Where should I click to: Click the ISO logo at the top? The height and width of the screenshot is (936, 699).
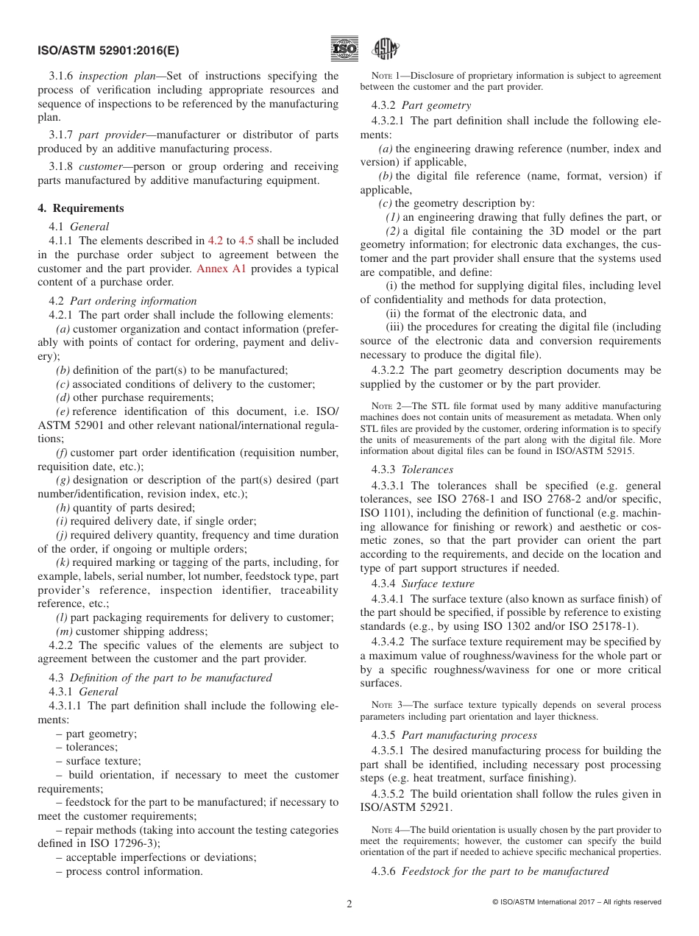(344, 49)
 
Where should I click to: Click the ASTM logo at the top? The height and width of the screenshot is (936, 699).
(385, 49)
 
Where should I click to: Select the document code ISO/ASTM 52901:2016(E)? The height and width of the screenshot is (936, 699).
(108, 51)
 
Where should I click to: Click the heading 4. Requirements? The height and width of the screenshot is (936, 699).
(81, 208)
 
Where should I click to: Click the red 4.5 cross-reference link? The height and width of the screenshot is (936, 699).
(246, 241)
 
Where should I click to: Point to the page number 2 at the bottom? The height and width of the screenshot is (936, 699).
(349, 904)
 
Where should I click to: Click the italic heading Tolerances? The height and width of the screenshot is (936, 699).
(427, 469)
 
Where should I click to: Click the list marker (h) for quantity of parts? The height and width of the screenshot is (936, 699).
(63, 507)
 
